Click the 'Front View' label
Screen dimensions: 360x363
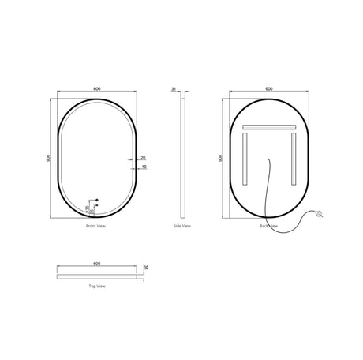[97, 226]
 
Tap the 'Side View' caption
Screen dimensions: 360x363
[181, 226]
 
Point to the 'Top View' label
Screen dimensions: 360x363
[97, 286]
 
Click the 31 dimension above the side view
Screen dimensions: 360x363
[174, 90]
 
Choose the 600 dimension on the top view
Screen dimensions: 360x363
[97, 262]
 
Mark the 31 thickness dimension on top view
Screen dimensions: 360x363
[147, 268]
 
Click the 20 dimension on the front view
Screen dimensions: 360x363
[143, 158]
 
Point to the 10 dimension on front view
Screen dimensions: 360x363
[143, 168]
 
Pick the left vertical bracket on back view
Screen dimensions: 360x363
[245, 157]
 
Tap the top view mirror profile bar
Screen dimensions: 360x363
[97, 274]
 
